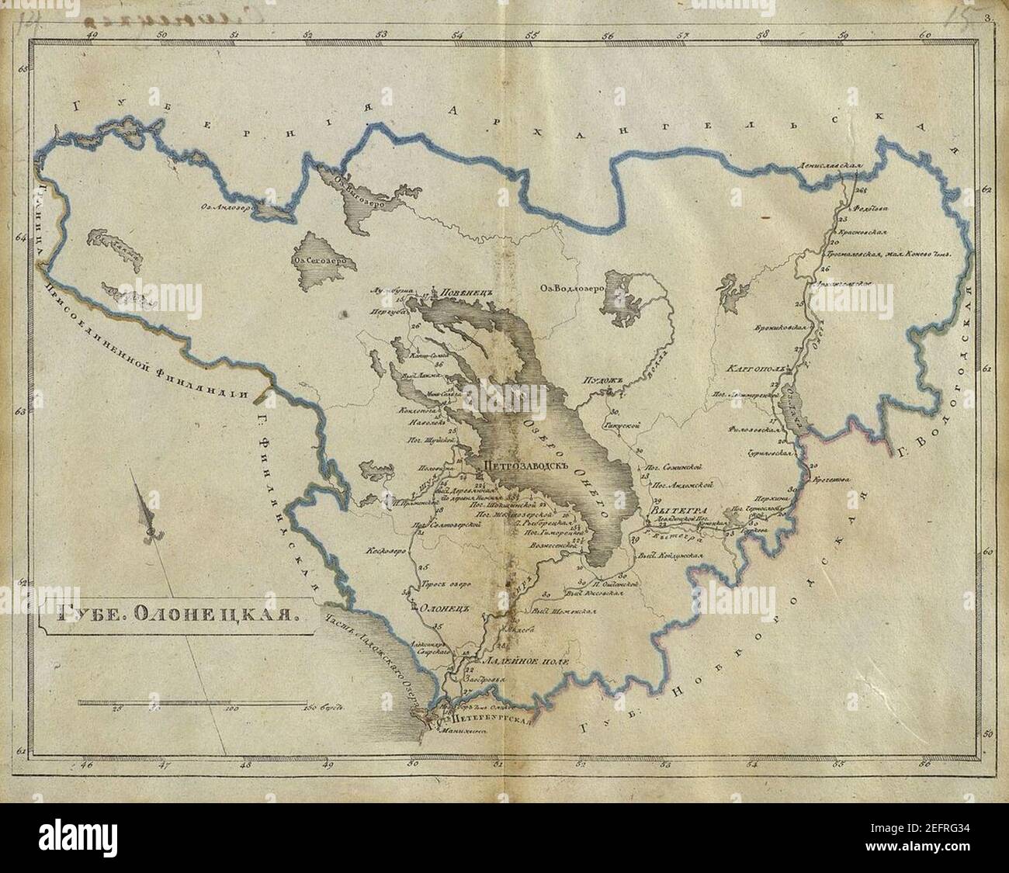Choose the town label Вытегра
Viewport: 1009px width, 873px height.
[x=672, y=511]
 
